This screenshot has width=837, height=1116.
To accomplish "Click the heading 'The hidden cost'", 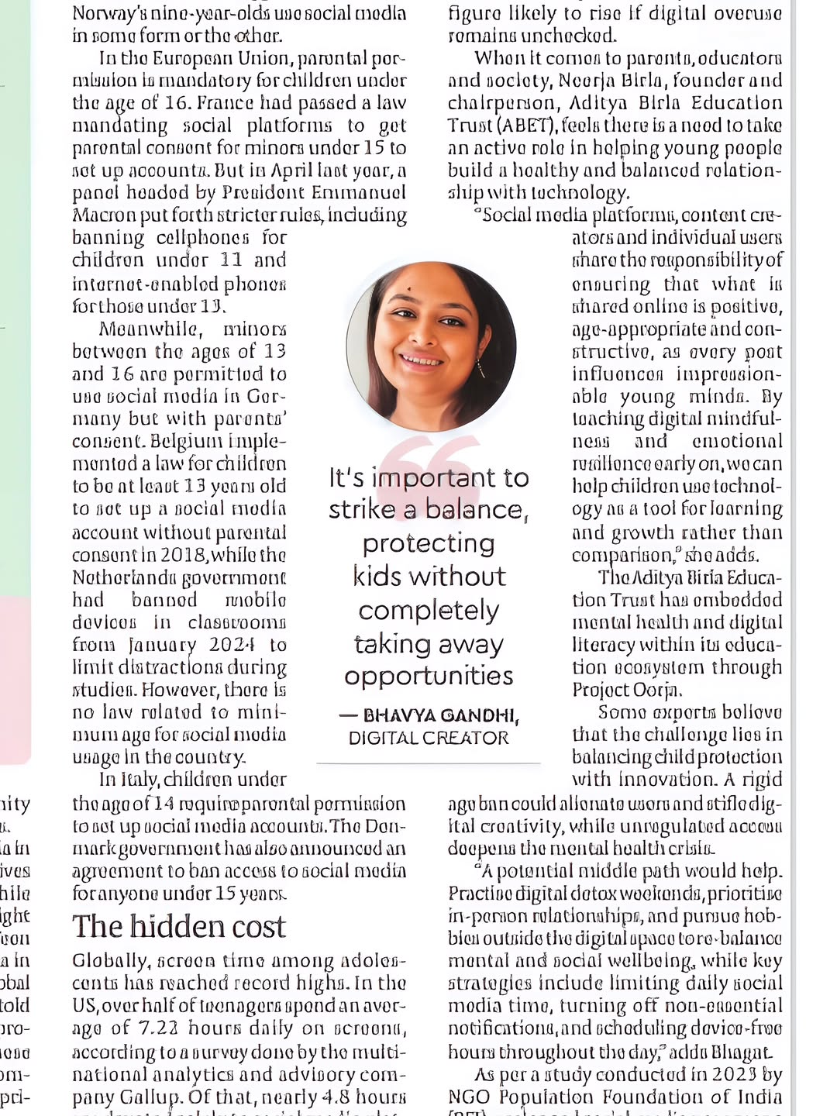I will click(179, 927).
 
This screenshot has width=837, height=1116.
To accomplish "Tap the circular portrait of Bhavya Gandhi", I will click(431, 346).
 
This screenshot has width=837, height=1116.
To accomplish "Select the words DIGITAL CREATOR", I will click(429, 738).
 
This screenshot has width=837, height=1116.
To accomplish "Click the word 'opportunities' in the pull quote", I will click(429, 677).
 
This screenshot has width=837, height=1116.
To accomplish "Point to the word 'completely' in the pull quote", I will click(429, 611).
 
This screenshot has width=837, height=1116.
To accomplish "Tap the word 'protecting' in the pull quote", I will click(429, 544).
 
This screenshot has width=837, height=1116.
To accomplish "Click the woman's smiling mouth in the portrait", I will click(421, 360).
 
